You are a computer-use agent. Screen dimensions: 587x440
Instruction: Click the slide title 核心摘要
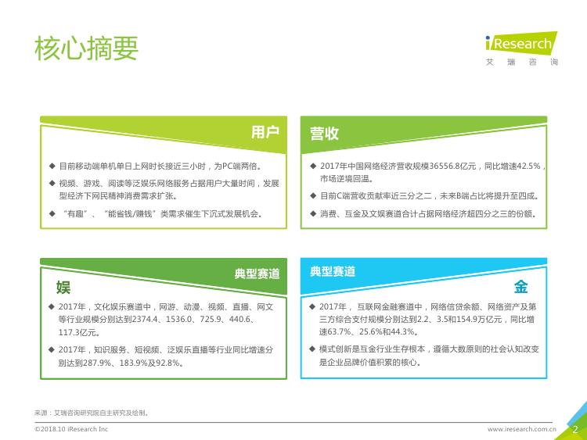(x=86, y=48)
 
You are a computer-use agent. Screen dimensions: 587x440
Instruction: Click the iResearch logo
(x=521, y=48)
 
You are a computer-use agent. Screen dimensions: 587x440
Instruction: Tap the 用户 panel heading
(x=265, y=132)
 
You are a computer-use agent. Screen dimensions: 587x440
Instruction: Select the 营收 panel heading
(x=324, y=134)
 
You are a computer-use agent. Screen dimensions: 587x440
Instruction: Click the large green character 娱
(x=63, y=288)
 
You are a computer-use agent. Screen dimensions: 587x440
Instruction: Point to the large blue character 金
(x=520, y=287)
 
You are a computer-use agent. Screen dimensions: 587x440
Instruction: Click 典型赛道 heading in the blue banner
(x=333, y=271)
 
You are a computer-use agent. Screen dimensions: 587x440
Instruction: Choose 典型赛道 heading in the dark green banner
(x=257, y=274)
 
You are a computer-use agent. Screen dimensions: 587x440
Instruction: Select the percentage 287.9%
(x=95, y=363)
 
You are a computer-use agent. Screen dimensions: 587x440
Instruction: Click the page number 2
(x=575, y=429)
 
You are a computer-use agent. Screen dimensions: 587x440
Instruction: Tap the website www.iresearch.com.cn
(x=522, y=429)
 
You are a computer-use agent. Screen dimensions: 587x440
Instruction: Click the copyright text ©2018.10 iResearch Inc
(x=71, y=429)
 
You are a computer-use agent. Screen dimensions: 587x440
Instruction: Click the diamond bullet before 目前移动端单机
(x=52, y=166)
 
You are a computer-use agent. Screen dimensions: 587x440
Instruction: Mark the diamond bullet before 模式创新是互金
(x=312, y=349)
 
